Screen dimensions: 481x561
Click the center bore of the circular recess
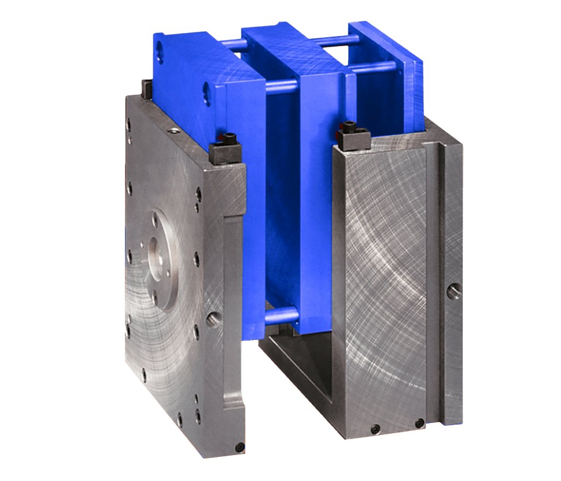coord(159,254)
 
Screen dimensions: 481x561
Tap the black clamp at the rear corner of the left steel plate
coord(147,88)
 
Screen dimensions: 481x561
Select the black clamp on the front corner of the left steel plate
coord(225,153)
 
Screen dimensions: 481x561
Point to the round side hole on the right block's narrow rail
coord(454,291)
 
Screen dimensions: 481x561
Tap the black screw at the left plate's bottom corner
coord(239,448)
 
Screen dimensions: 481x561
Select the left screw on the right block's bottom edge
coord(376,429)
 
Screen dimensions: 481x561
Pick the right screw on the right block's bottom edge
coord(419,423)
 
